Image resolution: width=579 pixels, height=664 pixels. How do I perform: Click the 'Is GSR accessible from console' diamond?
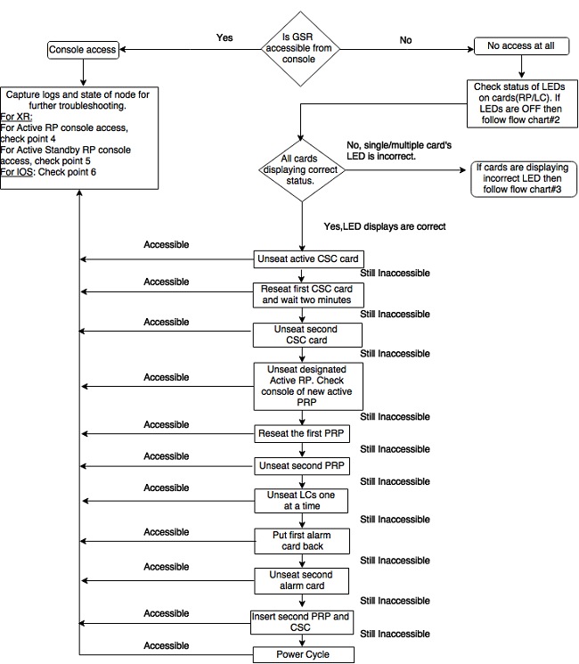[300, 49]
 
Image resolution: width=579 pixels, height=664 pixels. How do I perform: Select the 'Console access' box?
[83, 50]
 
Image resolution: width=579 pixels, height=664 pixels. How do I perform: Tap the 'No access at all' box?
[521, 45]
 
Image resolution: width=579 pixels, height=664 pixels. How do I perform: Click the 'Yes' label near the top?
[224, 37]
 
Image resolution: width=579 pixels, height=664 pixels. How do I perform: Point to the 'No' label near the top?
[405, 40]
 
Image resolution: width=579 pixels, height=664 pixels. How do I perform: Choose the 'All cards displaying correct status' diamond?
[301, 170]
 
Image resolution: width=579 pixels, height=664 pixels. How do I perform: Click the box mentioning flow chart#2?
[522, 103]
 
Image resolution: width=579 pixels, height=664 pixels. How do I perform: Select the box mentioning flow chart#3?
[524, 179]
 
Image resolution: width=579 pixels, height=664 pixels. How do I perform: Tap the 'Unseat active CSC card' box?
[308, 258]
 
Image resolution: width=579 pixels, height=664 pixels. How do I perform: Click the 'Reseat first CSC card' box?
[308, 295]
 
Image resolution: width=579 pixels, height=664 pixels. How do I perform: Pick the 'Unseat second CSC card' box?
[307, 335]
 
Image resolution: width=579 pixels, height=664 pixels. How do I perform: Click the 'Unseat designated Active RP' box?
[308, 386]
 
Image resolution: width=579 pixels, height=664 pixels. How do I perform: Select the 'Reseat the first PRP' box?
[302, 434]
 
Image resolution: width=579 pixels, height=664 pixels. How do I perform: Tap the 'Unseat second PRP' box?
[302, 466]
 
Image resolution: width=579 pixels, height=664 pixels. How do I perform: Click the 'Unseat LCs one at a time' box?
[301, 501]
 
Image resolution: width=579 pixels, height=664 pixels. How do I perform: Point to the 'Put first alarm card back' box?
[302, 541]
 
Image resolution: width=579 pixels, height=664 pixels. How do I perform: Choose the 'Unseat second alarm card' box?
[301, 580]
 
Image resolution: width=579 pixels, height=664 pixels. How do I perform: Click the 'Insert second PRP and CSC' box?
[302, 622]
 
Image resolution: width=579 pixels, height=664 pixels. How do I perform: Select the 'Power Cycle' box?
[304, 655]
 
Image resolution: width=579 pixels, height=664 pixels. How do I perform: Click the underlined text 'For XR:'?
[17, 117]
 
